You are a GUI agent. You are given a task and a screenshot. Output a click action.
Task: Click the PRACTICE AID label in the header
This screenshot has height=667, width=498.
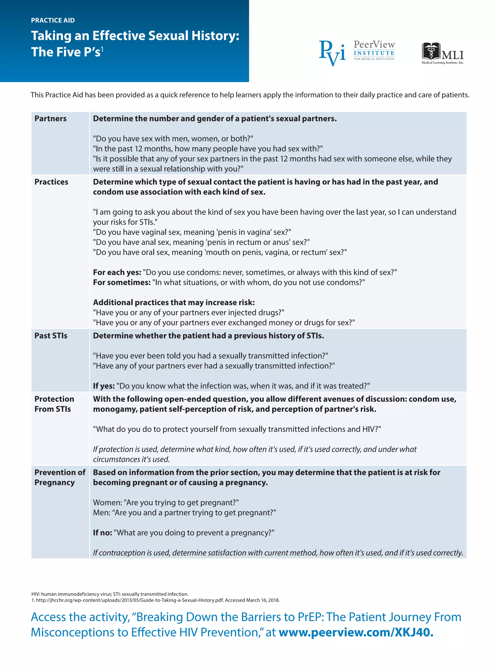pyautogui.click(x=53, y=20)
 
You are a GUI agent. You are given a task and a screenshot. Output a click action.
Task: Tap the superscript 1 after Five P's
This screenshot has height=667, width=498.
pyautogui.click(x=102, y=49)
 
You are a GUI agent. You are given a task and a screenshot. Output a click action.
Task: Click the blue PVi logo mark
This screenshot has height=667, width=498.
pyautogui.click(x=332, y=53)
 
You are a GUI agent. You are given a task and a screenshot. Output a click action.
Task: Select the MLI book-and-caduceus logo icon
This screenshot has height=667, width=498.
pyautogui.click(x=431, y=51)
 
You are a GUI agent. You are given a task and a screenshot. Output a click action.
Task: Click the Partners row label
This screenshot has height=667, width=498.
pyautogui.click(x=50, y=119)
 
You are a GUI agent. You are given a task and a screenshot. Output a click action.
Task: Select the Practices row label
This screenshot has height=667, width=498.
pyautogui.click(x=51, y=182)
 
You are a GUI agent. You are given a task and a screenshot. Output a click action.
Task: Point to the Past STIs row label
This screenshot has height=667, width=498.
pyautogui.click(x=51, y=336)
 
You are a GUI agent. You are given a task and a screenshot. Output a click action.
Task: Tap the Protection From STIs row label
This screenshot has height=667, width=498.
pyautogui.click(x=54, y=404)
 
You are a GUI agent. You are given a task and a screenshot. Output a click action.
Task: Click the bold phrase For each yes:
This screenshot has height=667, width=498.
pyautogui.click(x=117, y=272)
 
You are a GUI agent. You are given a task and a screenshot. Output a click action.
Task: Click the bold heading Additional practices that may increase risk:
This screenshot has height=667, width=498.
pyautogui.click(x=174, y=302)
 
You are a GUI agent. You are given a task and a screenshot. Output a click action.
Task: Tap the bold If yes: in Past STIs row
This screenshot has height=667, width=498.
pyautogui.click(x=104, y=386)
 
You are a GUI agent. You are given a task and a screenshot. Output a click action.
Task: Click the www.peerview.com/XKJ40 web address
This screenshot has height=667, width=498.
pyautogui.click(x=356, y=632)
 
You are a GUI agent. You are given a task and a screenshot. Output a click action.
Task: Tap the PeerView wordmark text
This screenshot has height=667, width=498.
pyautogui.click(x=374, y=45)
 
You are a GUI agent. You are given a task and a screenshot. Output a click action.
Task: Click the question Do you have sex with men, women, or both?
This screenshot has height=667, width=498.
pyautogui.click(x=173, y=139)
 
